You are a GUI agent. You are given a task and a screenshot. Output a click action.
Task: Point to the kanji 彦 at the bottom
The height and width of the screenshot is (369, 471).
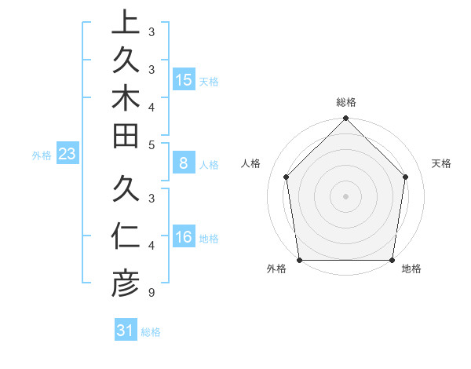coord(125,283)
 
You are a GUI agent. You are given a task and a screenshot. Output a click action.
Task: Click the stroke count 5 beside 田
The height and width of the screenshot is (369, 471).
coord(151,144)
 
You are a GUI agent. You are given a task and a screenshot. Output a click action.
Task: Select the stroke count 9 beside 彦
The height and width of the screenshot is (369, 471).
coord(151,293)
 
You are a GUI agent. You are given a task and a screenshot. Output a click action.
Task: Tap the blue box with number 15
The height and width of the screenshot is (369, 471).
coord(184,80)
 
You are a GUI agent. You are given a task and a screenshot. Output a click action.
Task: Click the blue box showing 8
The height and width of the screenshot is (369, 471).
coord(184,163)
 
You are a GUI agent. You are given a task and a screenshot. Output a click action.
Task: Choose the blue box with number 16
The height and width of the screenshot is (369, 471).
coord(184,237)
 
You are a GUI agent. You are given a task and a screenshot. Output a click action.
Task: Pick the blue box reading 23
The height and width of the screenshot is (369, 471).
coord(68,155)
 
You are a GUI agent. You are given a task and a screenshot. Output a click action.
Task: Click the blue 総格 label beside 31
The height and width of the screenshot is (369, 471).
coord(151,332)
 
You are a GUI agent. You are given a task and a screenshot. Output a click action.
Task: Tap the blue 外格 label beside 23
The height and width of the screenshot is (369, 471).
coord(42,155)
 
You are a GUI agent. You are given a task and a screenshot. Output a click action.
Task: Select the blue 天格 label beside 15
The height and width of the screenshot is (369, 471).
coord(209,82)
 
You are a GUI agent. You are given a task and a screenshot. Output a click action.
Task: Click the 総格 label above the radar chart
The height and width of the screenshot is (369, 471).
coord(346,102)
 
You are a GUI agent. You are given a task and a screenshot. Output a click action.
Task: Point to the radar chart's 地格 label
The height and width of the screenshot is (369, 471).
coord(411,269)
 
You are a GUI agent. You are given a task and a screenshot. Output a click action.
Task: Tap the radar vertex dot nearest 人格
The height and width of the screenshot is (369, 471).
coord(287,177)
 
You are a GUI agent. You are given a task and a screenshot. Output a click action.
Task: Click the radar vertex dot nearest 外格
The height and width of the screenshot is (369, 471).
coord(299,260)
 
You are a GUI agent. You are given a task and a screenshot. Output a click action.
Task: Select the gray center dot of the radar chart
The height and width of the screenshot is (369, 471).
coord(346,195)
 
